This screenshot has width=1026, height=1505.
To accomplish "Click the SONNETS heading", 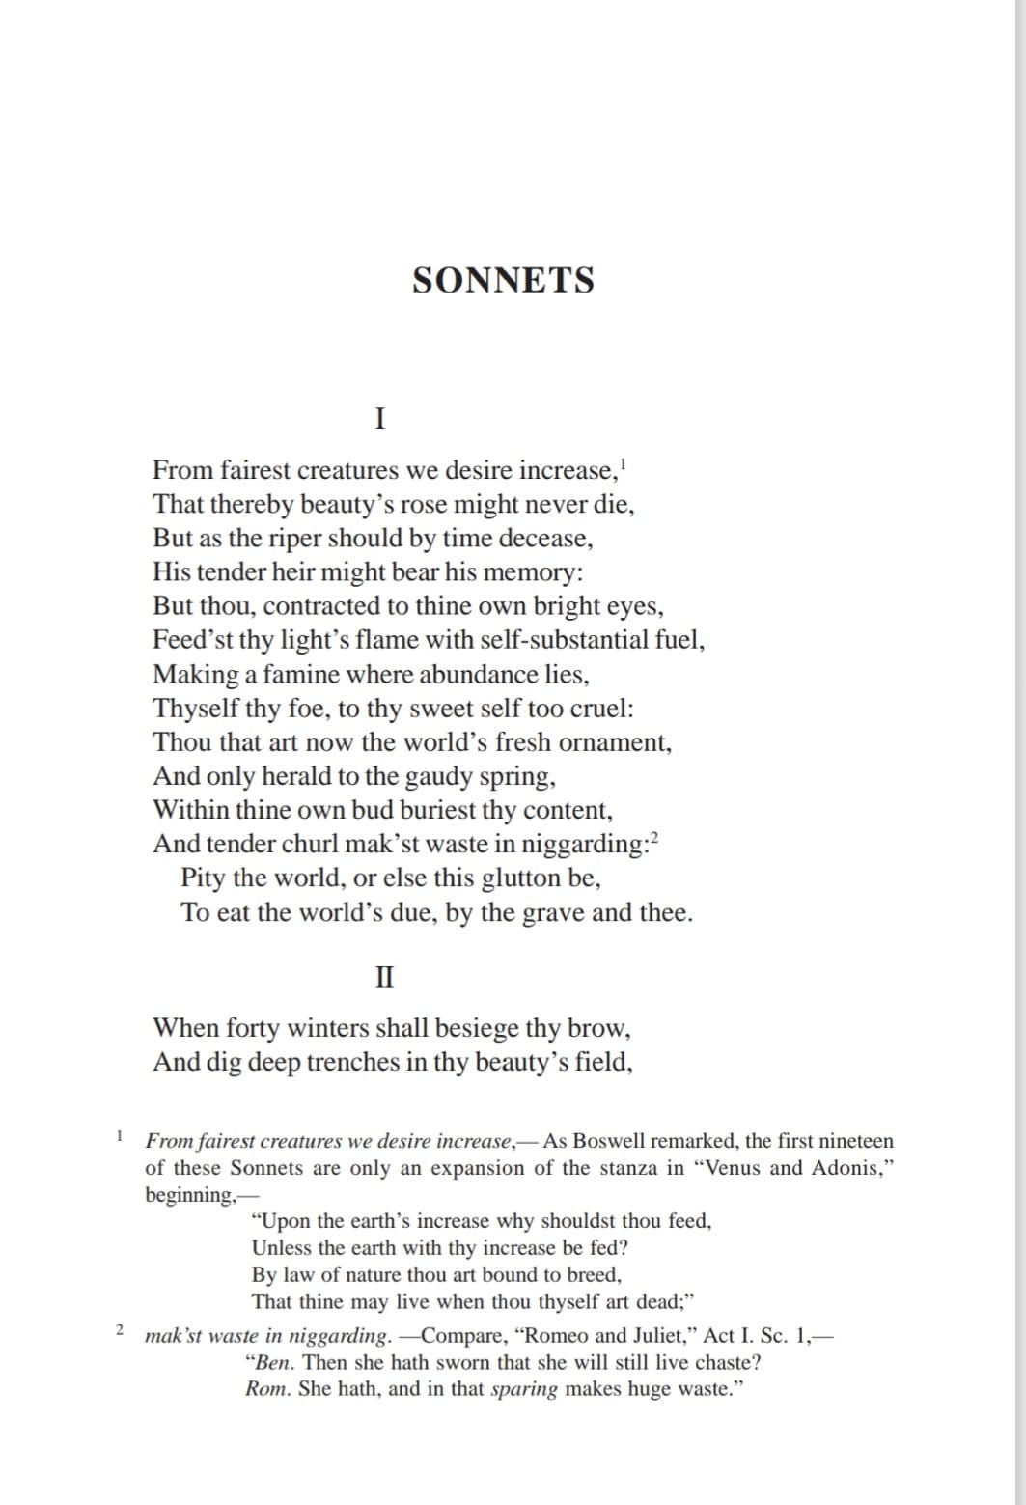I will tap(503, 281).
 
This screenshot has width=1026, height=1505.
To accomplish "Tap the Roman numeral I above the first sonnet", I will tap(380, 418).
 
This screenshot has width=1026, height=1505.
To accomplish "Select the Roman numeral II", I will tap(383, 977).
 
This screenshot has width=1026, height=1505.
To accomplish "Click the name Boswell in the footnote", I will tap(606, 1141).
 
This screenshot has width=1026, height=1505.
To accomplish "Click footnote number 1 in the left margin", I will tap(118, 1134).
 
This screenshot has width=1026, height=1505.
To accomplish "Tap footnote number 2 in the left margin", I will tap(119, 1330).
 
